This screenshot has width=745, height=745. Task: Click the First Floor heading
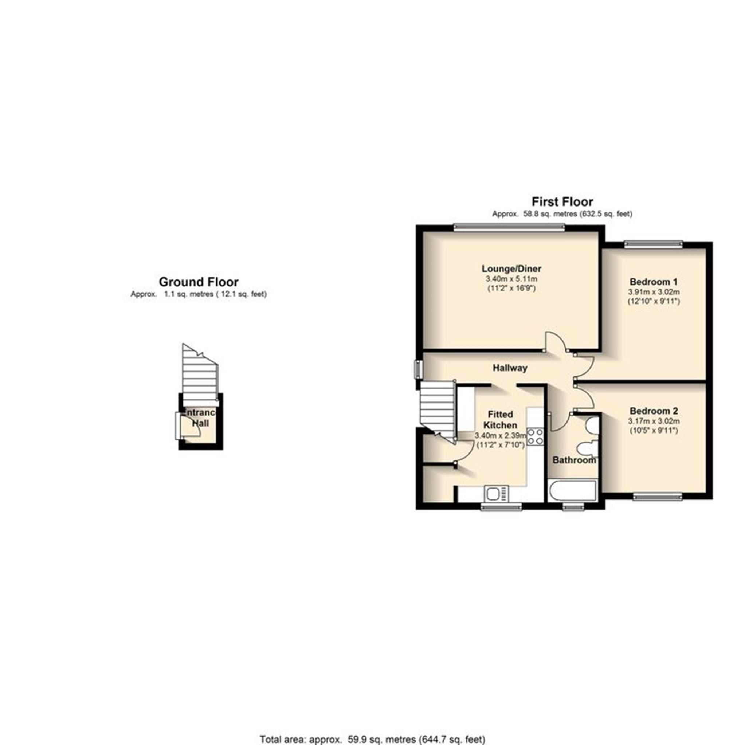click(x=562, y=202)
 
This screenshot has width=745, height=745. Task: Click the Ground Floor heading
click(x=199, y=282)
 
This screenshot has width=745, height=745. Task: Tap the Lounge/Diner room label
click(x=511, y=269)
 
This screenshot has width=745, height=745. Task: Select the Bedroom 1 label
click(x=653, y=282)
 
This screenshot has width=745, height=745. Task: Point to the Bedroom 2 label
click(x=653, y=411)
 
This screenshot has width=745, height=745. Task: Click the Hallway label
click(x=510, y=368)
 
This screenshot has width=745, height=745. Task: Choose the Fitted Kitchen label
click(x=500, y=420)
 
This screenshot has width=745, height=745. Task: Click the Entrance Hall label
click(x=200, y=418)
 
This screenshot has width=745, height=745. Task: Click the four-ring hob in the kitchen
click(x=536, y=437)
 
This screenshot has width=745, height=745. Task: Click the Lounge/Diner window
click(x=509, y=228)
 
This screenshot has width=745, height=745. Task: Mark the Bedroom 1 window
click(x=653, y=244)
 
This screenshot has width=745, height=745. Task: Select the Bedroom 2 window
click(x=657, y=497)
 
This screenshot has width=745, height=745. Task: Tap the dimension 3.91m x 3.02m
click(x=654, y=292)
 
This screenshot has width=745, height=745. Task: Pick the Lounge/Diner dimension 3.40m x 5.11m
click(x=511, y=279)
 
